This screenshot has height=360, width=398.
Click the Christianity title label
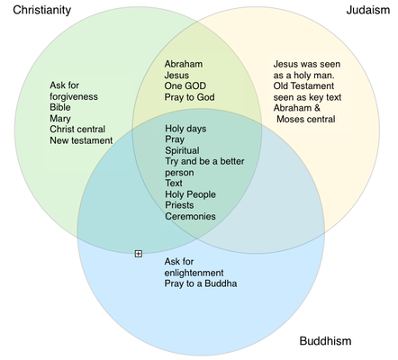[x=42, y=10]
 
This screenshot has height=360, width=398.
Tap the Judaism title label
[x=368, y=10]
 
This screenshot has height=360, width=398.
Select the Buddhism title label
[x=325, y=341]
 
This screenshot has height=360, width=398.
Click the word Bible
[x=60, y=107]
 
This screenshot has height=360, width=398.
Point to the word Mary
[x=60, y=119]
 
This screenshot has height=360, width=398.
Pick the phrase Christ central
[x=77, y=130]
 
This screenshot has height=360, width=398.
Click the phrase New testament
[x=81, y=140]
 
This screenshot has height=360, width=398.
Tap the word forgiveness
[x=74, y=96]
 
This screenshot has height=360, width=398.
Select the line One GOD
[x=185, y=85]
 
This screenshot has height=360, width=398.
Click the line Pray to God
[x=189, y=97]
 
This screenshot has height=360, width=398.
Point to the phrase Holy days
[x=185, y=129]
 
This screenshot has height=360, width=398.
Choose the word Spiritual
[x=182, y=150]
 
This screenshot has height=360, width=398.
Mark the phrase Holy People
[x=190, y=194]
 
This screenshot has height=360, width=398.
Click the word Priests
[x=179, y=205]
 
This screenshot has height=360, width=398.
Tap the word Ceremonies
[x=190, y=216]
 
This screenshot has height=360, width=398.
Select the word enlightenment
[x=194, y=273]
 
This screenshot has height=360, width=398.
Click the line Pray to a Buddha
[x=201, y=283]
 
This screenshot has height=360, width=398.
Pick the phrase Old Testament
[x=303, y=85]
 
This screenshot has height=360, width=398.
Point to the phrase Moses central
[x=306, y=119]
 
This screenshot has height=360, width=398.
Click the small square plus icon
[x=138, y=254]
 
